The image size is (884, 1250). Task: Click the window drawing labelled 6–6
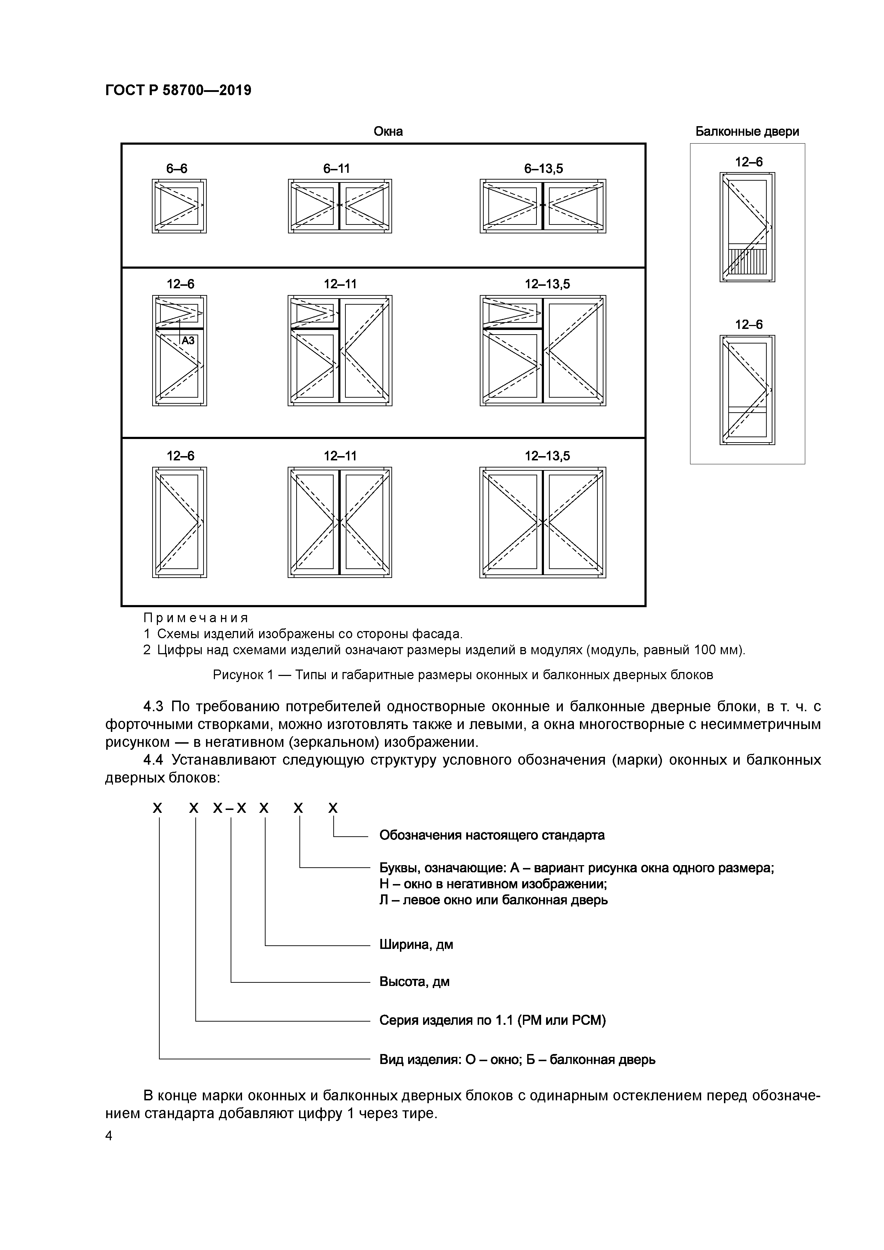[x=179, y=206]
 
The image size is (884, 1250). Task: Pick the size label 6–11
[x=336, y=169]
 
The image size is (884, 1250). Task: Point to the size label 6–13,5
[x=543, y=169]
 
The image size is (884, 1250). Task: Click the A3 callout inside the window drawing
[x=188, y=341]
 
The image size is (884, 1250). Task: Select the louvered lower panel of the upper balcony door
[x=747, y=261]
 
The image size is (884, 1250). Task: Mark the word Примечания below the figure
[x=196, y=618]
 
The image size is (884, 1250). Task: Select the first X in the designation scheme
[x=158, y=809]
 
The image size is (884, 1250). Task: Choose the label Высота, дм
[x=414, y=982]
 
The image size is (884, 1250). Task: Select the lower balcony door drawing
[x=747, y=390]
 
